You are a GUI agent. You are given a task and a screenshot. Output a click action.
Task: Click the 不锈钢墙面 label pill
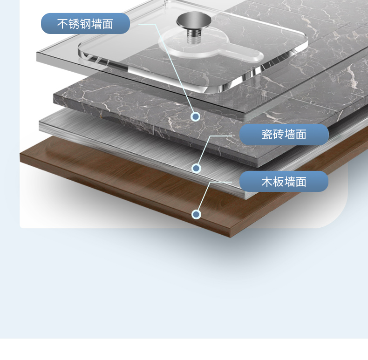pyautogui.click(x=85, y=24)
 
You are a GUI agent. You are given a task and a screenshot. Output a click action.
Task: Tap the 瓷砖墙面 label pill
pyautogui.click(x=284, y=135)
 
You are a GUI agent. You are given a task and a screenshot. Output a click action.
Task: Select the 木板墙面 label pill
pyautogui.click(x=284, y=182)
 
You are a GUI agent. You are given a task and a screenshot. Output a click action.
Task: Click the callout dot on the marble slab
pyautogui.click(x=196, y=116)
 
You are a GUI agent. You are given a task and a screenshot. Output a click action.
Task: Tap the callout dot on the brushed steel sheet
pyautogui.click(x=196, y=168)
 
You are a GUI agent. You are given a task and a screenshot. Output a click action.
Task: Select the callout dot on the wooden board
pyautogui.click(x=196, y=214)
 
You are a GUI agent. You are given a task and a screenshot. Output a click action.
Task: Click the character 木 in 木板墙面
pyautogui.click(x=266, y=182)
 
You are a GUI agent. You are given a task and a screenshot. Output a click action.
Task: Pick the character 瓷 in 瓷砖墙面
pyautogui.click(x=266, y=135)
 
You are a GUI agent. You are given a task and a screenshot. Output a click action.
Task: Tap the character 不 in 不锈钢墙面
pyautogui.click(x=62, y=24)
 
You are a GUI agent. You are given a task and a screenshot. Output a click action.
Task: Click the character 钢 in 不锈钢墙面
pyautogui.click(x=85, y=24)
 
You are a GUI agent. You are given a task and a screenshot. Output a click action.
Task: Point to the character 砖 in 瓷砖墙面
pyautogui.click(x=278, y=135)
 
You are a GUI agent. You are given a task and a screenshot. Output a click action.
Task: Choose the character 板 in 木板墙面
pyautogui.click(x=278, y=182)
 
